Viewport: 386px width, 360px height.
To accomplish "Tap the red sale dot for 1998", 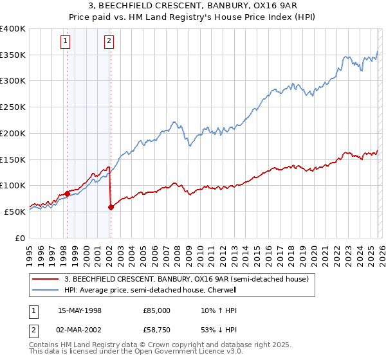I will click(67, 193).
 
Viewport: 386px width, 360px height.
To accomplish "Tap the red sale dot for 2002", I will click(111, 207).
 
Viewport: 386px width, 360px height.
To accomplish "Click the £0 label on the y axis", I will click(19, 237).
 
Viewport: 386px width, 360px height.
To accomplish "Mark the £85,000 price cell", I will click(156, 310).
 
